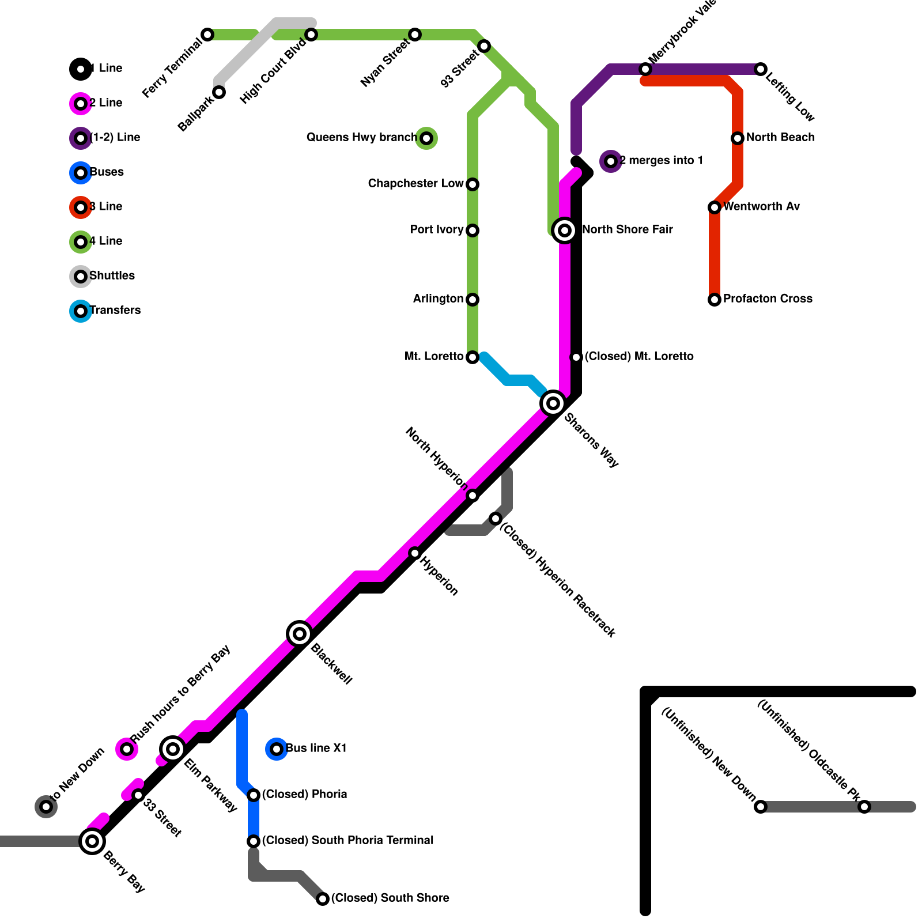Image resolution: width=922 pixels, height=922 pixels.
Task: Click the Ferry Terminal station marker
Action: pos(207,35)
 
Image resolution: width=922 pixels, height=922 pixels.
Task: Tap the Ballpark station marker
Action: pos(219,92)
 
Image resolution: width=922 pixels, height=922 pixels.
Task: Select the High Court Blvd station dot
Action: pos(311,35)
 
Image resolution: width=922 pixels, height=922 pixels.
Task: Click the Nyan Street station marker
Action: pos(415,35)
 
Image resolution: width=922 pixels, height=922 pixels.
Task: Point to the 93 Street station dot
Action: pos(484,46)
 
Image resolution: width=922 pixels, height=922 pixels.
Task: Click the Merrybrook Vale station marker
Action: pos(645,69)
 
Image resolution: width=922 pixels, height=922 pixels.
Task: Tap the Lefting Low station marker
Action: pos(761,69)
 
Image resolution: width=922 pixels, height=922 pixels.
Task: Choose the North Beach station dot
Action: pos(738,138)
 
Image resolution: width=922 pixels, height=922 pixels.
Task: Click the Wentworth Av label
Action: pos(761,206)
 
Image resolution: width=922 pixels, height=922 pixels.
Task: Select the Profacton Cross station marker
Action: pos(715,300)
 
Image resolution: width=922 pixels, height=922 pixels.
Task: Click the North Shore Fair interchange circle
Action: pos(565,231)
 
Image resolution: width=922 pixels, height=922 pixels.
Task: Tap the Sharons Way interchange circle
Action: pos(553,403)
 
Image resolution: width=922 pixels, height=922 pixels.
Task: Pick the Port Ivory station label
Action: pos(436,230)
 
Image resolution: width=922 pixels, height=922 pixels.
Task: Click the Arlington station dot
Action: pos(473,300)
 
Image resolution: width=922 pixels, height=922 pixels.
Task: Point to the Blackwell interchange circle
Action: pos(300,634)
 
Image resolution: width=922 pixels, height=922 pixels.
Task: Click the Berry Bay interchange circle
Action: pos(92,841)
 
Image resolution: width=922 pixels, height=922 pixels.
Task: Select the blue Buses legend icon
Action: pos(81,173)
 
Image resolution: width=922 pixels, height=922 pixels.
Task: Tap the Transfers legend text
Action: pos(115,310)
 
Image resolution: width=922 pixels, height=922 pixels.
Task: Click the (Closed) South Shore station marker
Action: pos(323,899)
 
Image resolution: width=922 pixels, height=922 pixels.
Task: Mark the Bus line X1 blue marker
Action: pos(277,749)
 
